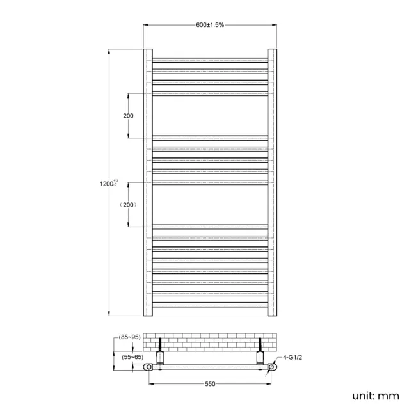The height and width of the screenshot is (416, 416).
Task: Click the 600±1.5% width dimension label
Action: [210, 24]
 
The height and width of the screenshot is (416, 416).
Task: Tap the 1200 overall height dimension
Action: [106, 184]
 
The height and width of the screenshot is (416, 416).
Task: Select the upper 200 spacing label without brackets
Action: [128, 116]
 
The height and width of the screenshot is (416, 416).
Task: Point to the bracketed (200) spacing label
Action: [128, 204]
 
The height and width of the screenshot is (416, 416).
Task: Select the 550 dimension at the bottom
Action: [210, 383]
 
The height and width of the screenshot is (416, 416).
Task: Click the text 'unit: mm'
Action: [375, 396]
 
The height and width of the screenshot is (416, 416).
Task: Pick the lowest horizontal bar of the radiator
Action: [209, 306]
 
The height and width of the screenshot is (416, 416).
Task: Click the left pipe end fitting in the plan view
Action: [148, 367]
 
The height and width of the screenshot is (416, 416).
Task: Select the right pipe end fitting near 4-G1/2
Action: [272, 367]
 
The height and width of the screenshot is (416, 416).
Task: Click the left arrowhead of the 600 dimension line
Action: [145, 25]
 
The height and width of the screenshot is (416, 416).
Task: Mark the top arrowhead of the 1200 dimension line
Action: [110, 51]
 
